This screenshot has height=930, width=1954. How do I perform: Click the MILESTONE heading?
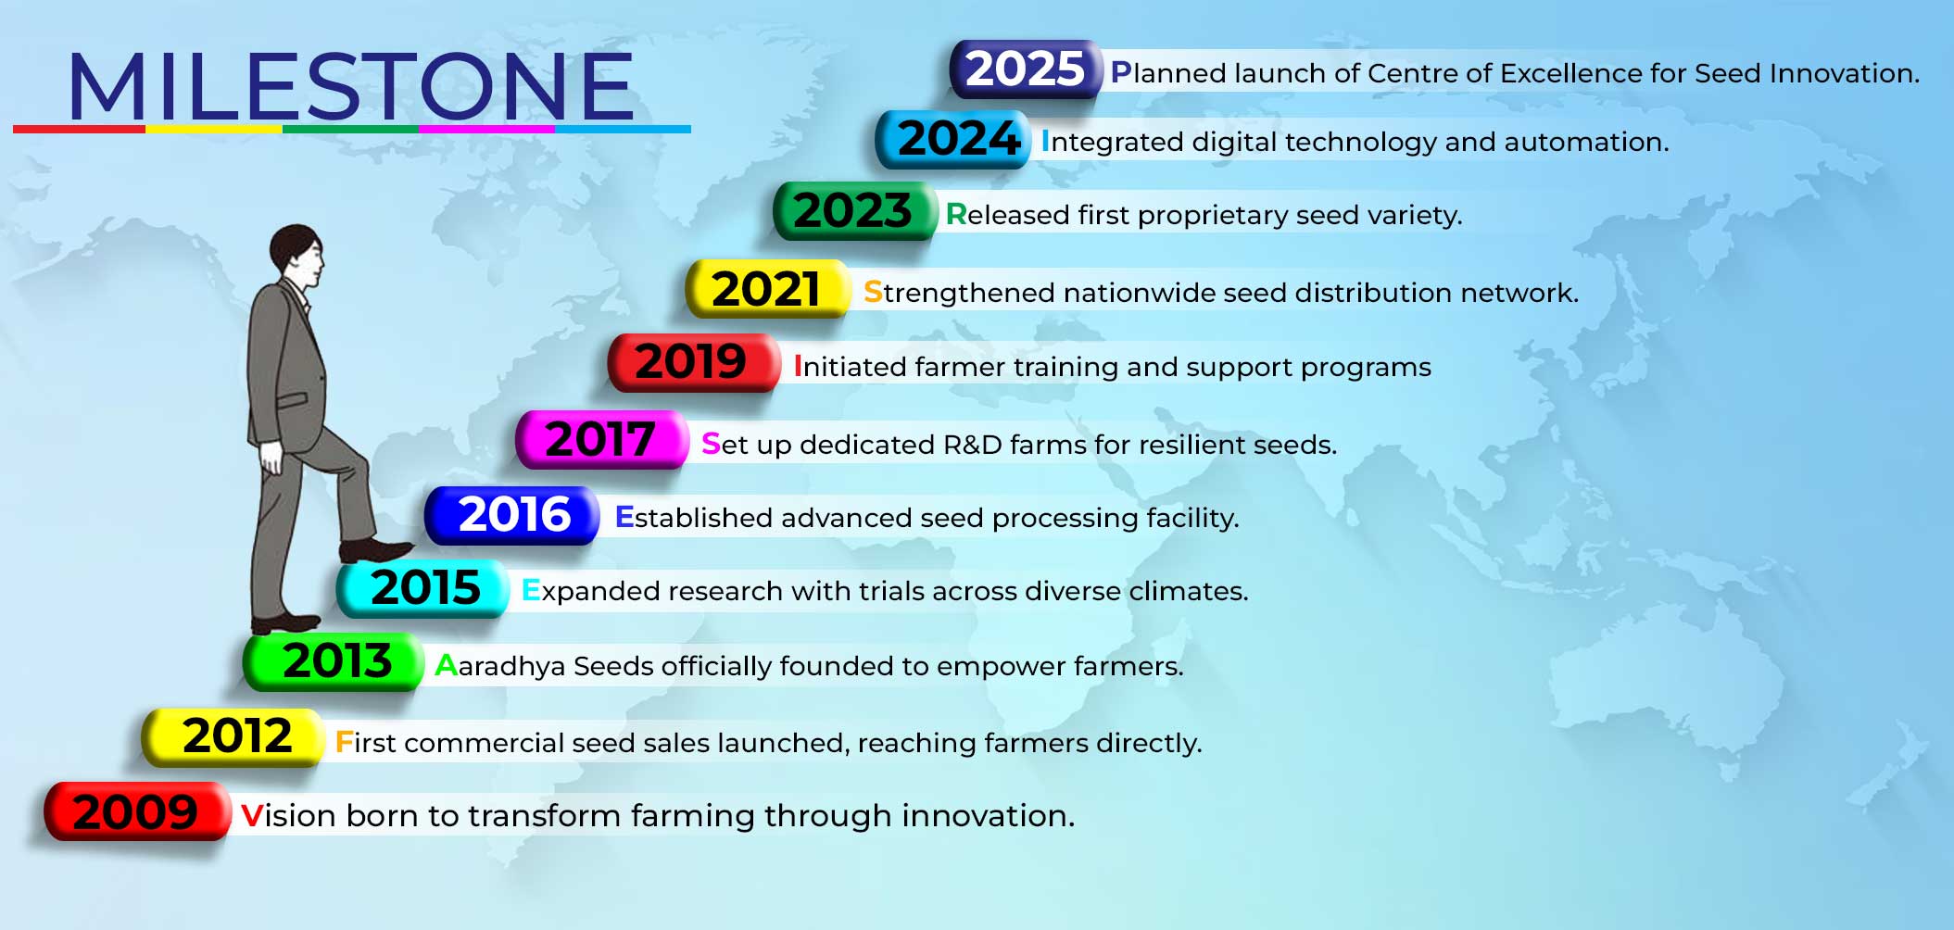point(351,86)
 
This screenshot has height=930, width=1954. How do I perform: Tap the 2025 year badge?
point(1026,69)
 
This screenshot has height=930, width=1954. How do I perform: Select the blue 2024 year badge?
point(953,139)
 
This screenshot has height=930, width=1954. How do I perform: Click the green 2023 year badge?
point(854,211)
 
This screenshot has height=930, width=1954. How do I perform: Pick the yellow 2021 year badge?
point(767,289)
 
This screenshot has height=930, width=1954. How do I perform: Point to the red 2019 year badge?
point(693,362)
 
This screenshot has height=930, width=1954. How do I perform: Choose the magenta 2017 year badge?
point(601,439)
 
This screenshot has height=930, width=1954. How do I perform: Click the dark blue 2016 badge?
point(512,515)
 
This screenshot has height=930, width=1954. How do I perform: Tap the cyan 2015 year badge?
point(423,588)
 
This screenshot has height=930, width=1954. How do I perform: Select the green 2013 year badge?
point(334,661)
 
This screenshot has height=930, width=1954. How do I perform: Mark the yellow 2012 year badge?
point(233,737)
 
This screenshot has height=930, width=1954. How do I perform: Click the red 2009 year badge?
point(137,811)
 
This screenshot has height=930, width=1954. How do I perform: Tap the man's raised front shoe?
point(375,550)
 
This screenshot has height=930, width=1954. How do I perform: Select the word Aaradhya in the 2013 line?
point(499,666)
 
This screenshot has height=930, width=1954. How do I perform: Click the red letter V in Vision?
point(251,815)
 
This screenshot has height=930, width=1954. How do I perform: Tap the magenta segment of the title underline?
point(486,130)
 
